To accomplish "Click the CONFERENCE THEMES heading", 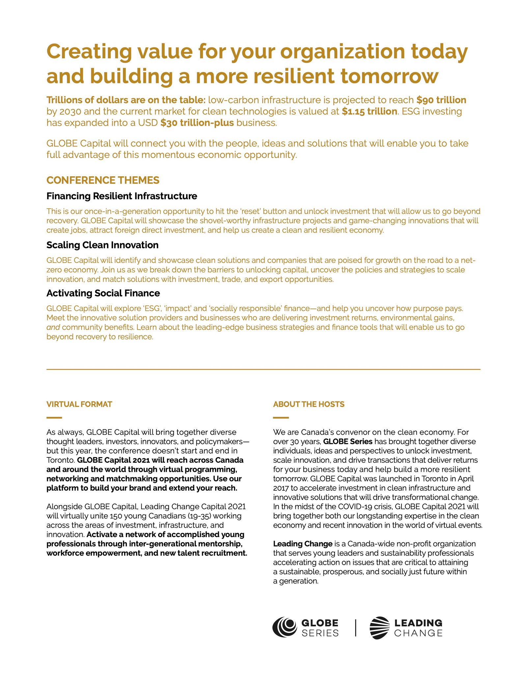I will tap(103, 180).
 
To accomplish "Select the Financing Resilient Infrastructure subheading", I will tap(122, 196).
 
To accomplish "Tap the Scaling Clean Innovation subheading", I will tap(102, 245).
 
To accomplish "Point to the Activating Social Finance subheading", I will tap(103, 293).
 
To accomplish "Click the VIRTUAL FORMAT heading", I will tap(79, 404).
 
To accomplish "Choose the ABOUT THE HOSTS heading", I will tap(309, 404).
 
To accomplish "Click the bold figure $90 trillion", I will tap(441, 100).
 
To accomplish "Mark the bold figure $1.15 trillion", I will tap(369, 112).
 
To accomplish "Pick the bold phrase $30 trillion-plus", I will tap(197, 123).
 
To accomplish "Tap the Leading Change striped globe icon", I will tap(379, 628).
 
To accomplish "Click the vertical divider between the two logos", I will tap(355, 628).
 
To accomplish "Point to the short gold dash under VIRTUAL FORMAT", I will tap(54, 418).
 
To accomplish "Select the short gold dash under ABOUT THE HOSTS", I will tap(281, 418).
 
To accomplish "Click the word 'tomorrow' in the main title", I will tap(389, 76).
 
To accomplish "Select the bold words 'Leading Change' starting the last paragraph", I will tap(303, 544).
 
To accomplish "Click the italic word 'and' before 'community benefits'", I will tap(53, 328).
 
